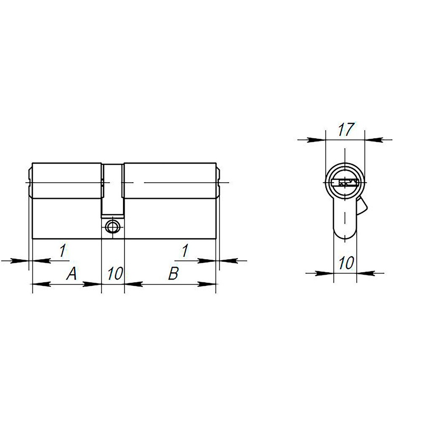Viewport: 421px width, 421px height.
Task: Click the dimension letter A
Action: [72, 274]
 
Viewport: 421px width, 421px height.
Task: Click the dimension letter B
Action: [173, 274]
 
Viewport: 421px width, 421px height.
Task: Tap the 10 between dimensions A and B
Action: [114, 274]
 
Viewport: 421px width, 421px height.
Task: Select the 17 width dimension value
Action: [345, 130]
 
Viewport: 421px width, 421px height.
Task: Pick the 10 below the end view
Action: [346, 264]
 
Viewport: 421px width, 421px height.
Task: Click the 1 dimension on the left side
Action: [62, 251]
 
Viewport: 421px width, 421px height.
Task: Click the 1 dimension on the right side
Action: [184, 251]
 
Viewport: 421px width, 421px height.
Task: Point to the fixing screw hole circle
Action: [112, 226]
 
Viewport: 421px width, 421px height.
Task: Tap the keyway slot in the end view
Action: [345, 183]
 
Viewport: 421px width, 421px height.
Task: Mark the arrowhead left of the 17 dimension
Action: [318, 140]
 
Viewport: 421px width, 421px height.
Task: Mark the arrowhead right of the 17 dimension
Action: [373, 140]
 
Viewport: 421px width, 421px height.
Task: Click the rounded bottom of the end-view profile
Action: [345, 235]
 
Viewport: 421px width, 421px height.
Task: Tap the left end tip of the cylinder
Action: [29, 183]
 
